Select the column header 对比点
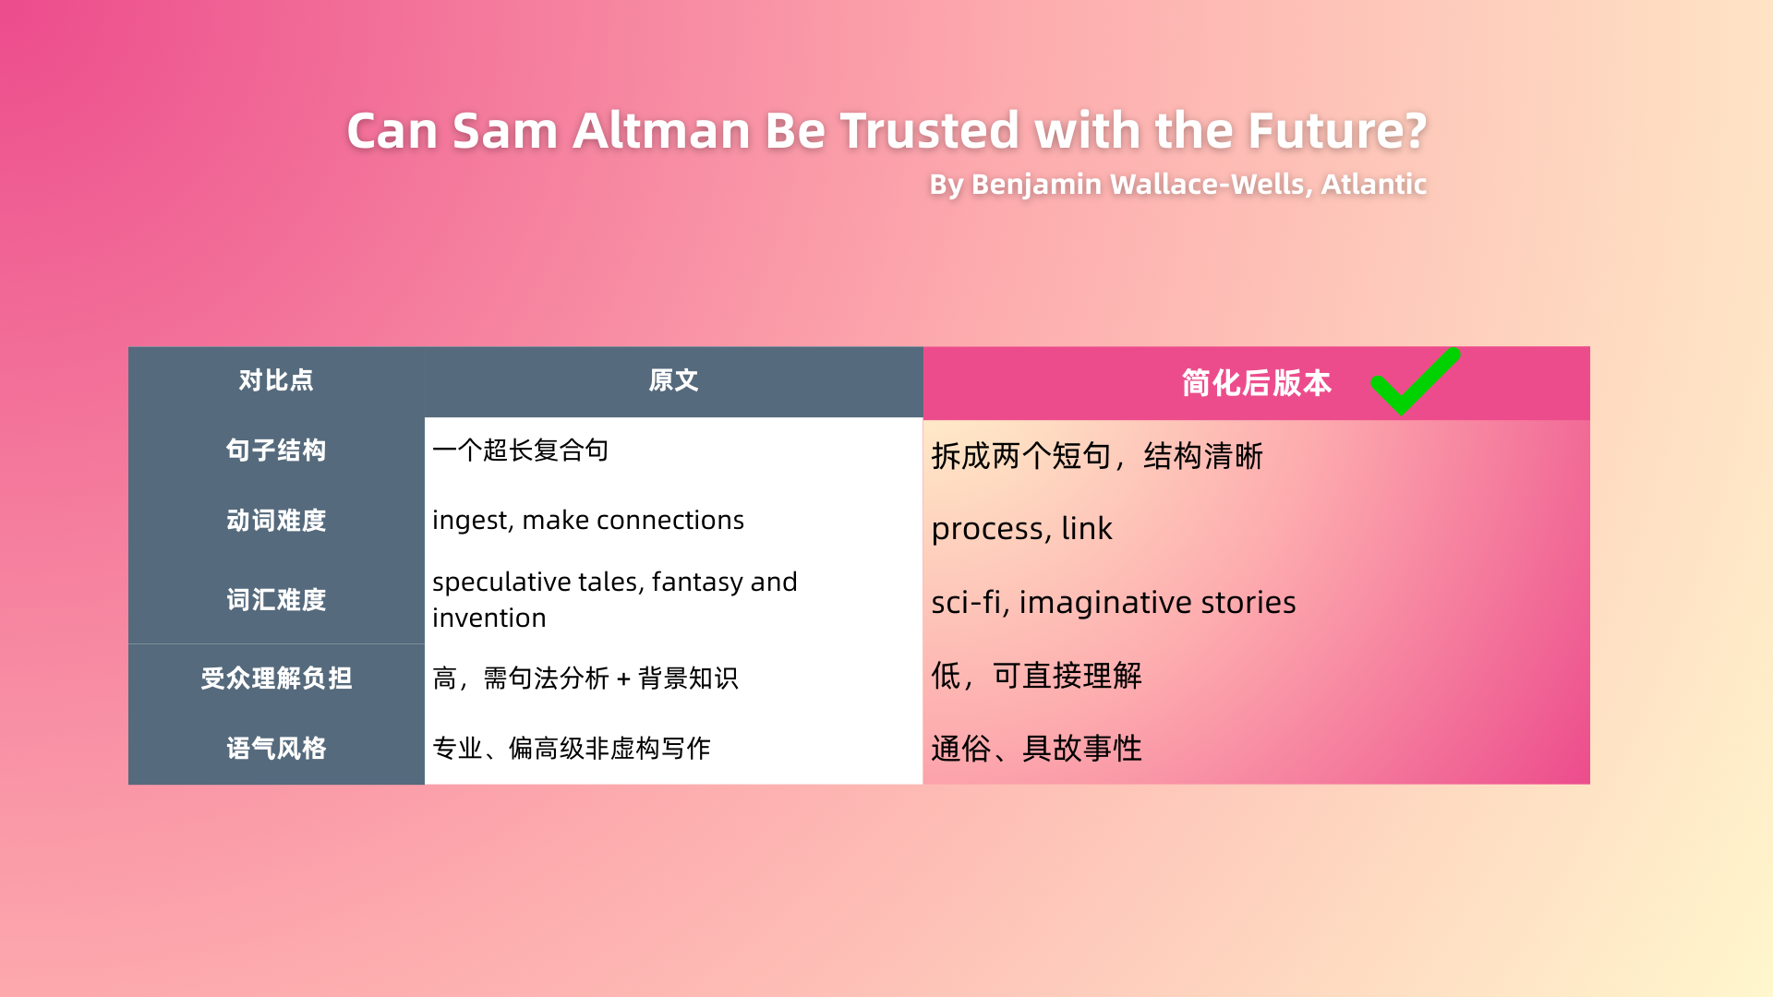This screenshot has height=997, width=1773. click(276, 380)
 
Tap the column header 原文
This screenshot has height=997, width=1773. click(673, 380)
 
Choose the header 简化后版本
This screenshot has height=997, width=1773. click(1257, 383)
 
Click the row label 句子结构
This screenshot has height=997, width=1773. click(276, 450)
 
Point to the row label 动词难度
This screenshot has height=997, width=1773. click(276, 521)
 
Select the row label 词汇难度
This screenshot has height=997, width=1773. click(276, 600)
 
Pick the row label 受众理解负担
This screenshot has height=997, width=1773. click(276, 679)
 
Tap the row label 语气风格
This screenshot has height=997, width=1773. click(276, 749)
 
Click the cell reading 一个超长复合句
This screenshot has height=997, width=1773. click(521, 450)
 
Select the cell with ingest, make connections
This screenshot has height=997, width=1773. click(588, 521)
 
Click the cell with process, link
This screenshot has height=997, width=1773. click(1021, 529)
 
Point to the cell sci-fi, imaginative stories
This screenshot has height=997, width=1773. click(1114, 603)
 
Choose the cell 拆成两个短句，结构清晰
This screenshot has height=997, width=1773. click(1097, 456)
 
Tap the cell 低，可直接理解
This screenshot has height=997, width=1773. click(1036, 676)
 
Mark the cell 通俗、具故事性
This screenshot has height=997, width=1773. click(1036, 749)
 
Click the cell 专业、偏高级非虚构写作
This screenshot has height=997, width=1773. click(572, 749)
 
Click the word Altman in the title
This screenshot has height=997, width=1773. click(661, 130)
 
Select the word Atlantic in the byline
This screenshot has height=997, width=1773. click(1374, 185)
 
